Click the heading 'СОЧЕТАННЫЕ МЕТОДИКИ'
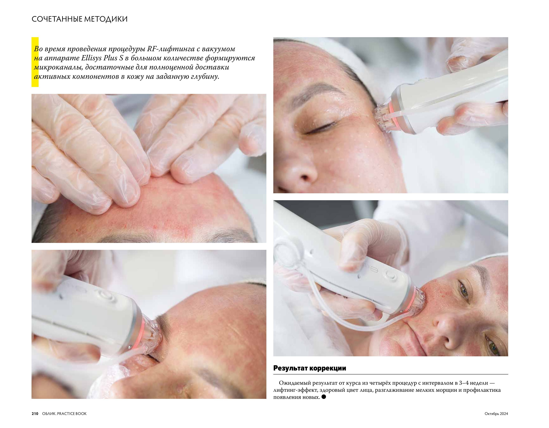tap(79, 19)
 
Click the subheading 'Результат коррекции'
tap(310, 368)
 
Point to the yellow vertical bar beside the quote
tap(35, 62)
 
